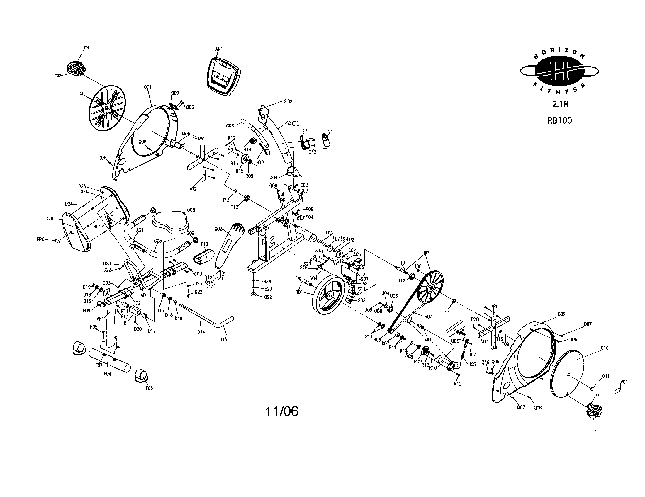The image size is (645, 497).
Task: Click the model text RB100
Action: tap(559, 121)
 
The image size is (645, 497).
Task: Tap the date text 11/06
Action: tap(282, 411)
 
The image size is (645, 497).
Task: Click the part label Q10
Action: tap(605, 348)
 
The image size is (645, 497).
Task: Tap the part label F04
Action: tap(108, 374)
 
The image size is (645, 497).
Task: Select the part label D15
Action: tap(223, 339)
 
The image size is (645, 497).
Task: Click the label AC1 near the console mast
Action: tap(293, 124)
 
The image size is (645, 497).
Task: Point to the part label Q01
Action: tap(147, 87)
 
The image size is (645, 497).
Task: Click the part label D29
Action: tap(49, 219)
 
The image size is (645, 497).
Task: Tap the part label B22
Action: tap(268, 297)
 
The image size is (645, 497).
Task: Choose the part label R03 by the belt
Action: tap(428, 316)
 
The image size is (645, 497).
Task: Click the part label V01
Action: tap(624, 382)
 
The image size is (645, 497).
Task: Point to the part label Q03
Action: tap(218, 229)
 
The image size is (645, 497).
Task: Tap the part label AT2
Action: tap(193, 189)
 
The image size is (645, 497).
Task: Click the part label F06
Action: tap(149, 388)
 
